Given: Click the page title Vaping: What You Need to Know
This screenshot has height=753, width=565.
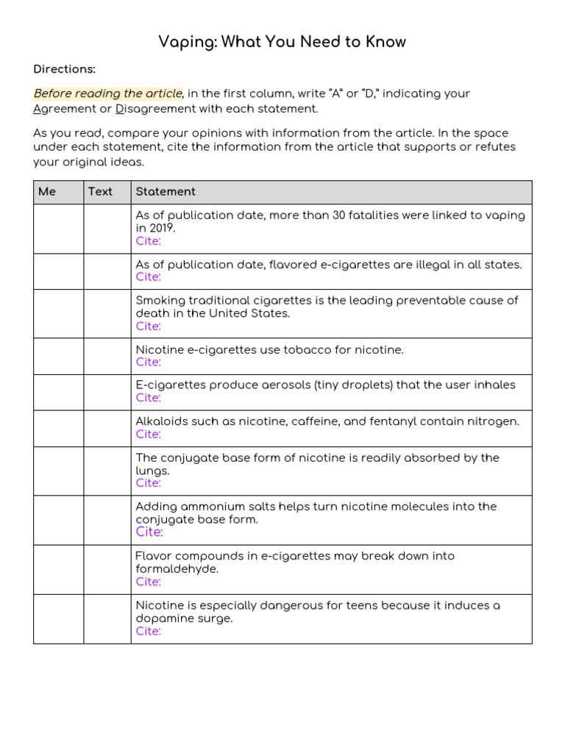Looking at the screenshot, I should point(282,42).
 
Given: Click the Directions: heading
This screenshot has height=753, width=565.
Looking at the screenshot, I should point(65,69).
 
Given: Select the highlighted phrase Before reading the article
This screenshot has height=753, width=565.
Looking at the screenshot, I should point(107,93).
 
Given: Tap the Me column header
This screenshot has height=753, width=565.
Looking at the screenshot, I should point(47,191).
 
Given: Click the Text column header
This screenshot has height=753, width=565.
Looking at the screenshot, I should point(100,191).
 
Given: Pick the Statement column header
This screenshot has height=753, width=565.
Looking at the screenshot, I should point(166,191).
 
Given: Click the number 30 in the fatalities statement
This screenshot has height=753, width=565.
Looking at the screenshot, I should point(341,215).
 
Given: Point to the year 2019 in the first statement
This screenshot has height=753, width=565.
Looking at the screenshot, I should point(161,228).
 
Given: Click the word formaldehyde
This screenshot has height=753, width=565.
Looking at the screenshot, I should point(177,569).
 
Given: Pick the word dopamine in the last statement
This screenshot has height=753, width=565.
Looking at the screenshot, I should point(161,618).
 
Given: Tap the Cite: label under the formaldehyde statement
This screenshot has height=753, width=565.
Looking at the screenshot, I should point(148,582).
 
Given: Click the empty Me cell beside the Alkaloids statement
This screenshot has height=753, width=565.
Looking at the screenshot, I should point(58,429).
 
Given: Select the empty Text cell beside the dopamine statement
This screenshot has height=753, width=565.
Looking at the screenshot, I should point(107,619).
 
